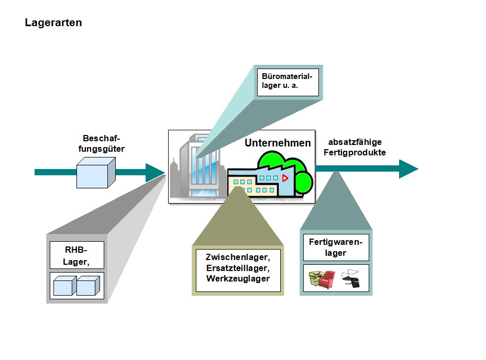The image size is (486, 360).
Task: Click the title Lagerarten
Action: point(53,23)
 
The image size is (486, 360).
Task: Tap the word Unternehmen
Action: point(278,143)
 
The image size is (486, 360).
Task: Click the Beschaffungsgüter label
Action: point(104,143)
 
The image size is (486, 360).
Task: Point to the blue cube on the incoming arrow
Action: point(95,173)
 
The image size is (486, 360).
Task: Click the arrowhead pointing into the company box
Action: point(156,172)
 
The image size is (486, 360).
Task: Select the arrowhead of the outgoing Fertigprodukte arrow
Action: point(408,168)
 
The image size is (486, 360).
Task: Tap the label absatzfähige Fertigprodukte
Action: point(355,148)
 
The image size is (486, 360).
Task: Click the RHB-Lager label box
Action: point(76,255)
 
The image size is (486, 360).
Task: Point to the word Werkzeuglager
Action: point(238,278)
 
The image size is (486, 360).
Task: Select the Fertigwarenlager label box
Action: point(335,247)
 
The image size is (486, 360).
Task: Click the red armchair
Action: point(328,278)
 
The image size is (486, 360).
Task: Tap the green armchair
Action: point(316,279)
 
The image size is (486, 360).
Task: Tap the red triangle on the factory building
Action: point(285,178)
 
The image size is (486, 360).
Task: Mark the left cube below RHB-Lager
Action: point(65,286)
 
